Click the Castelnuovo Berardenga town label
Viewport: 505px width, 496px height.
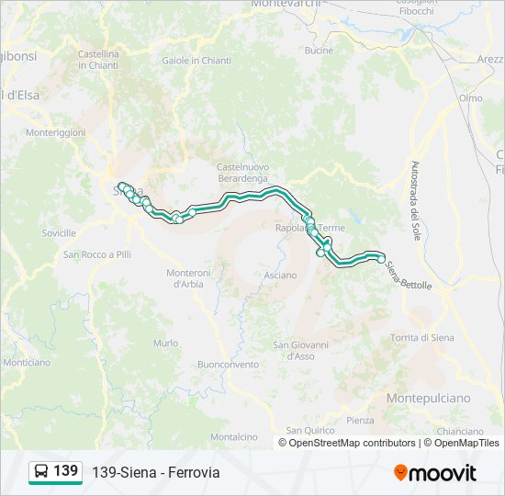(242, 172)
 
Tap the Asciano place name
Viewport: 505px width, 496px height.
(280, 275)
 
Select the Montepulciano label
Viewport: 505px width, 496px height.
(428, 398)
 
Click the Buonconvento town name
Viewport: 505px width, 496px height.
(229, 364)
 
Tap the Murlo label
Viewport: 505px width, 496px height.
(166, 343)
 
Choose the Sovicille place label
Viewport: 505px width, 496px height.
(59, 233)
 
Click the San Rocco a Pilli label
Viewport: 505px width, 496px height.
(97, 254)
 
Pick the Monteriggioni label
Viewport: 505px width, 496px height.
(55, 133)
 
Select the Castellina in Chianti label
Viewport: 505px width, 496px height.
(98, 60)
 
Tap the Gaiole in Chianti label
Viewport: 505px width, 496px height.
(196, 61)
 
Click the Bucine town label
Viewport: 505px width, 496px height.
(320, 51)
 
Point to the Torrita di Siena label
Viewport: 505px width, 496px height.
(422, 338)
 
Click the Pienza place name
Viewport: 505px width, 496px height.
(360, 420)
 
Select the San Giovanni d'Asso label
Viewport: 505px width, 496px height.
(300, 350)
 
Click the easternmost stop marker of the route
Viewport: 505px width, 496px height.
(382, 259)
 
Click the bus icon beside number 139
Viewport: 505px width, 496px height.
(41, 472)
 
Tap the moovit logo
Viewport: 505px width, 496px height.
(435, 473)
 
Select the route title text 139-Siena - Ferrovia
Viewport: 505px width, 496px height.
(156, 473)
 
